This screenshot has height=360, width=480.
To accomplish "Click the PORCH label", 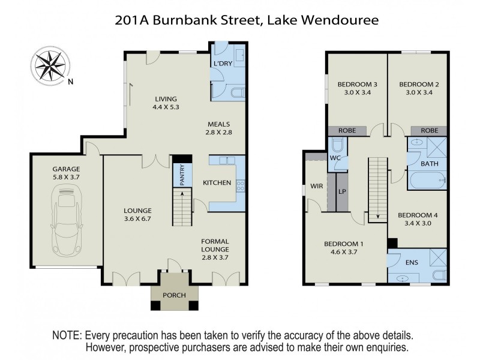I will pyautogui.click(x=175, y=295).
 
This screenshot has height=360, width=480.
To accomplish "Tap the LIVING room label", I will pyautogui.click(x=166, y=99).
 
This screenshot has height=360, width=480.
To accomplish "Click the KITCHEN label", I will pyautogui.click(x=217, y=182).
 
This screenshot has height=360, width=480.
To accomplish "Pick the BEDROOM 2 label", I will pyautogui.click(x=419, y=85).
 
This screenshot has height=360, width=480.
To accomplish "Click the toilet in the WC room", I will pyautogui.click(x=337, y=145).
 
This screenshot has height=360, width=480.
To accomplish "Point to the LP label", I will pyautogui.click(x=343, y=192).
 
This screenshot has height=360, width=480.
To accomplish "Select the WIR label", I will pyautogui.click(x=317, y=186).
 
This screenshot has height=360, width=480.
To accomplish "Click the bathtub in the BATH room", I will pyautogui.click(x=427, y=178).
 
